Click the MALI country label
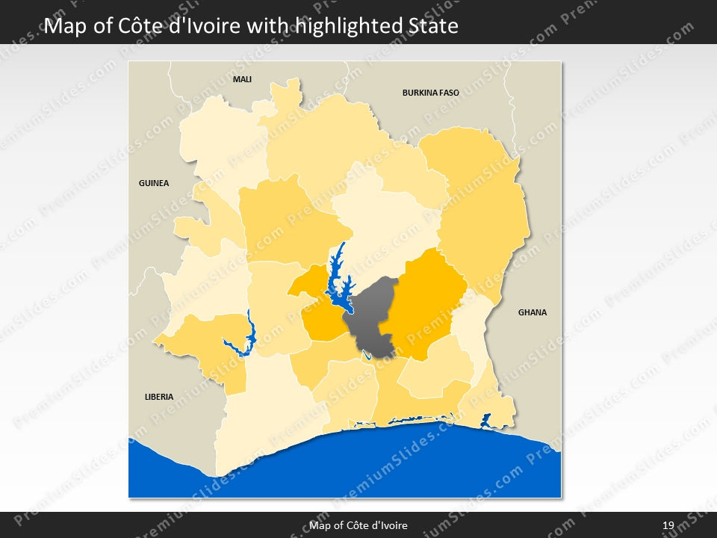click(x=242, y=79)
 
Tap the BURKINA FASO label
click(x=430, y=93)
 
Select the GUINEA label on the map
click(x=154, y=183)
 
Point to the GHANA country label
click(x=533, y=312)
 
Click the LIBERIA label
click(x=159, y=397)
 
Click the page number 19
click(x=668, y=525)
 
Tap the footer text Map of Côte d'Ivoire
click(x=358, y=525)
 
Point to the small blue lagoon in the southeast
click(x=485, y=421)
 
